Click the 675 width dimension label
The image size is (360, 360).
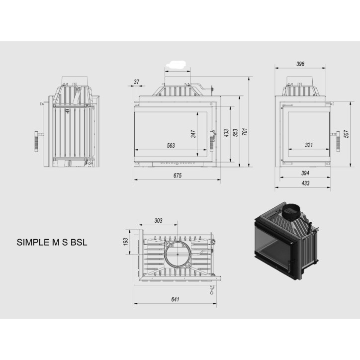pyautogui.click(x=178, y=176)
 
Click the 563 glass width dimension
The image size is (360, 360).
pyautogui.click(x=171, y=146)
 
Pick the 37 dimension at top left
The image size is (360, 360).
pyautogui.click(x=137, y=82)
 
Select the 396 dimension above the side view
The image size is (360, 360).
pyautogui.click(x=300, y=64)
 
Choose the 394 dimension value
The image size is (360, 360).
pyautogui.click(x=305, y=173)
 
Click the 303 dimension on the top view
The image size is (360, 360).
pyautogui.click(x=159, y=220)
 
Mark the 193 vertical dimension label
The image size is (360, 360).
pyautogui.click(x=126, y=241)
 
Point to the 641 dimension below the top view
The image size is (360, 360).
pyautogui.click(x=175, y=299)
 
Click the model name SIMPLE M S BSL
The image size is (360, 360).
pyautogui.click(x=52, y=243)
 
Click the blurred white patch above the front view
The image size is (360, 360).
pyautogui.click(x=177, y=64)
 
